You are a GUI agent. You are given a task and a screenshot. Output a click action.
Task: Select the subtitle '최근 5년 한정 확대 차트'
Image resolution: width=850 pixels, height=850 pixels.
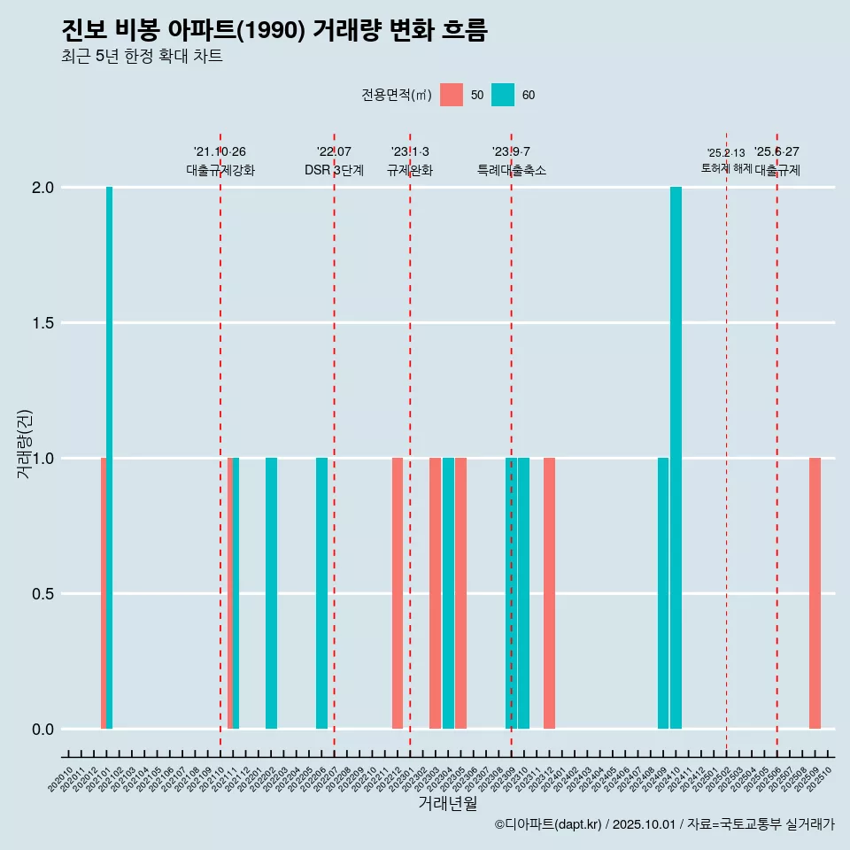coord(142,57)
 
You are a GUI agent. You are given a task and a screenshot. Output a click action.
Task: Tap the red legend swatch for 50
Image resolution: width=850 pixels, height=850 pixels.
coord(452,95)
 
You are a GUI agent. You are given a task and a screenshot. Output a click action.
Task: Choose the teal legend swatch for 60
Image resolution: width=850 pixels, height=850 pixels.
coord(503,95)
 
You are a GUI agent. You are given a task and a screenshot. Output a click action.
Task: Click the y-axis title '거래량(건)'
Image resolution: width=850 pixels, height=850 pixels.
coord(25,443)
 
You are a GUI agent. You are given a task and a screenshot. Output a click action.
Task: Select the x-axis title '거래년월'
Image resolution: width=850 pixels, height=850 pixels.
coord(447,803)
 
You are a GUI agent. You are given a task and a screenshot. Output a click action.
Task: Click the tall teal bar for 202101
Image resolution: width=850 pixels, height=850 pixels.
coord(110,458)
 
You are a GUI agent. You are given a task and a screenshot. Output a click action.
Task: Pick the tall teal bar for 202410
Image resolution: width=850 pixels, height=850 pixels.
coord(676,458)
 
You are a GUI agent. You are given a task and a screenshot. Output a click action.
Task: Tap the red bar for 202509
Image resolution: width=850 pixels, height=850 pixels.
coord(815,593)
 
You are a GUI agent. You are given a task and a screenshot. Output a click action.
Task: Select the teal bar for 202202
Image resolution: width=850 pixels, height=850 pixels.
coord(271,593)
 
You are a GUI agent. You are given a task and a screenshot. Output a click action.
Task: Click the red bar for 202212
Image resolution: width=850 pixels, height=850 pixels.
coord(398,593)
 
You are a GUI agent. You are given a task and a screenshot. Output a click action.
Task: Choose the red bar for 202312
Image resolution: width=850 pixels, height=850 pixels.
coord(549,593)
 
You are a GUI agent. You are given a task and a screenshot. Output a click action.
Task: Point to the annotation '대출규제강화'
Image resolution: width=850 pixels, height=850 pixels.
coord(220,170)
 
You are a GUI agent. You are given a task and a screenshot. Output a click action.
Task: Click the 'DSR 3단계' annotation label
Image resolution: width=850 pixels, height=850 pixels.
coord(334,170)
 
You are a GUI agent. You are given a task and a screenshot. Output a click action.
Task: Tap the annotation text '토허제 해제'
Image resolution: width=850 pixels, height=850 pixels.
coord(726,168)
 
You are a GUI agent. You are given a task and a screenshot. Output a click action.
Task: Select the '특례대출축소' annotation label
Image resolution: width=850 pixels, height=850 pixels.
coord(512,170)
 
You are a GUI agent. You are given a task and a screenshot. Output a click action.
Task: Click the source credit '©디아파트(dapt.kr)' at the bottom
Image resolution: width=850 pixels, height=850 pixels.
coord(548,824)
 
